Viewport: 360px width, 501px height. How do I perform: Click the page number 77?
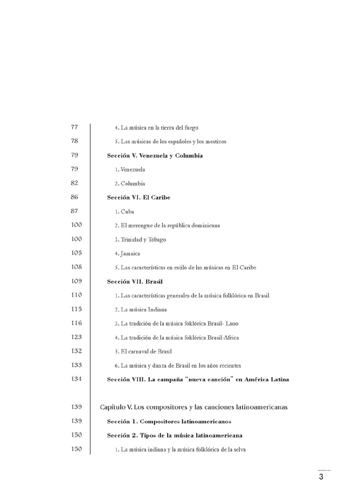click(76, 127)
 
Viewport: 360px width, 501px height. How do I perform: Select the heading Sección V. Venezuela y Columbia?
click(154, 155)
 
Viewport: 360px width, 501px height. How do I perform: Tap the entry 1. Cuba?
click(124, 211)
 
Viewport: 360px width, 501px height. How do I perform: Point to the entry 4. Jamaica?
click(127, 254)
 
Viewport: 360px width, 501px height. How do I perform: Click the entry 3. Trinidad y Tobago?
click(140, 239)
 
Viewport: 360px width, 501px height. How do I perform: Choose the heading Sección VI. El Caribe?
click(138, 197)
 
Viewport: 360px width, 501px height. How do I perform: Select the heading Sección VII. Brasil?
click(134, 282)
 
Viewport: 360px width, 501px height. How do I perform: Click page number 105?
click(77, 253)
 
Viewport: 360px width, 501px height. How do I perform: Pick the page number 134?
click(77, 379)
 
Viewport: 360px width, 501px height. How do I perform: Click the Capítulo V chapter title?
click(194, 407)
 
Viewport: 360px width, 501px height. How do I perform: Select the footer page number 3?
click(321, 477)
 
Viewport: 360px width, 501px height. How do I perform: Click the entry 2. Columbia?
click(130, 183)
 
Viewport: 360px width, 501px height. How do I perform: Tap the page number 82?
click(76, 183)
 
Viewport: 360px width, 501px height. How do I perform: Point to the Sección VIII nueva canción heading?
click(198, 379)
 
